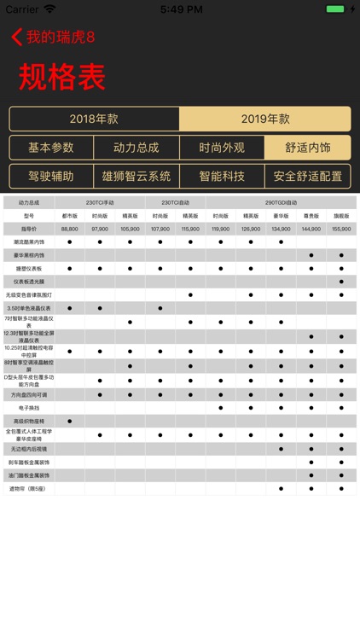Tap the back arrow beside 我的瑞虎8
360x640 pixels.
(x=16, y=38)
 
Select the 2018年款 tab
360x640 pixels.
(x=94, y=119)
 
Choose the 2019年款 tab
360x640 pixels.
(x=264, y=119)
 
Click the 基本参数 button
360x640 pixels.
(x=51, y=148)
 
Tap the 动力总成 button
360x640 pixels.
(x=136, y=148)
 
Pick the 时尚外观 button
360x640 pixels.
(x=222, y=148)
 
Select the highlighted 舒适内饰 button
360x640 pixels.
(x=307, y=148)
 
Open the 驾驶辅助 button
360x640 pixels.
(x=51, y=177)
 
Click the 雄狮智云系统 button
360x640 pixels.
(x=136, y=177)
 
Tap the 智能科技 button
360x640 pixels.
(x=222, y=177)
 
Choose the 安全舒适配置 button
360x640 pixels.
(x=307, y=177)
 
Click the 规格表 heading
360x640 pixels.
(x=62, y=77)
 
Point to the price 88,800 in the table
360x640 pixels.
(x=70, y=229)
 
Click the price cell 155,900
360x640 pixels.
(x=341, y=229)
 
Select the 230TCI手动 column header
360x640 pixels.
(x=100, y=202)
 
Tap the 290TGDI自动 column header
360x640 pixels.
(x=281, y=202)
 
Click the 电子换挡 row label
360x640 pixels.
(x=29, y=408)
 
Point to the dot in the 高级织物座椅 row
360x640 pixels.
(x=70, y=422)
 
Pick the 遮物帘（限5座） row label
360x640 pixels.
(x=29, y=489)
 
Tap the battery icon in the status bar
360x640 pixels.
(x=336, y=9)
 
